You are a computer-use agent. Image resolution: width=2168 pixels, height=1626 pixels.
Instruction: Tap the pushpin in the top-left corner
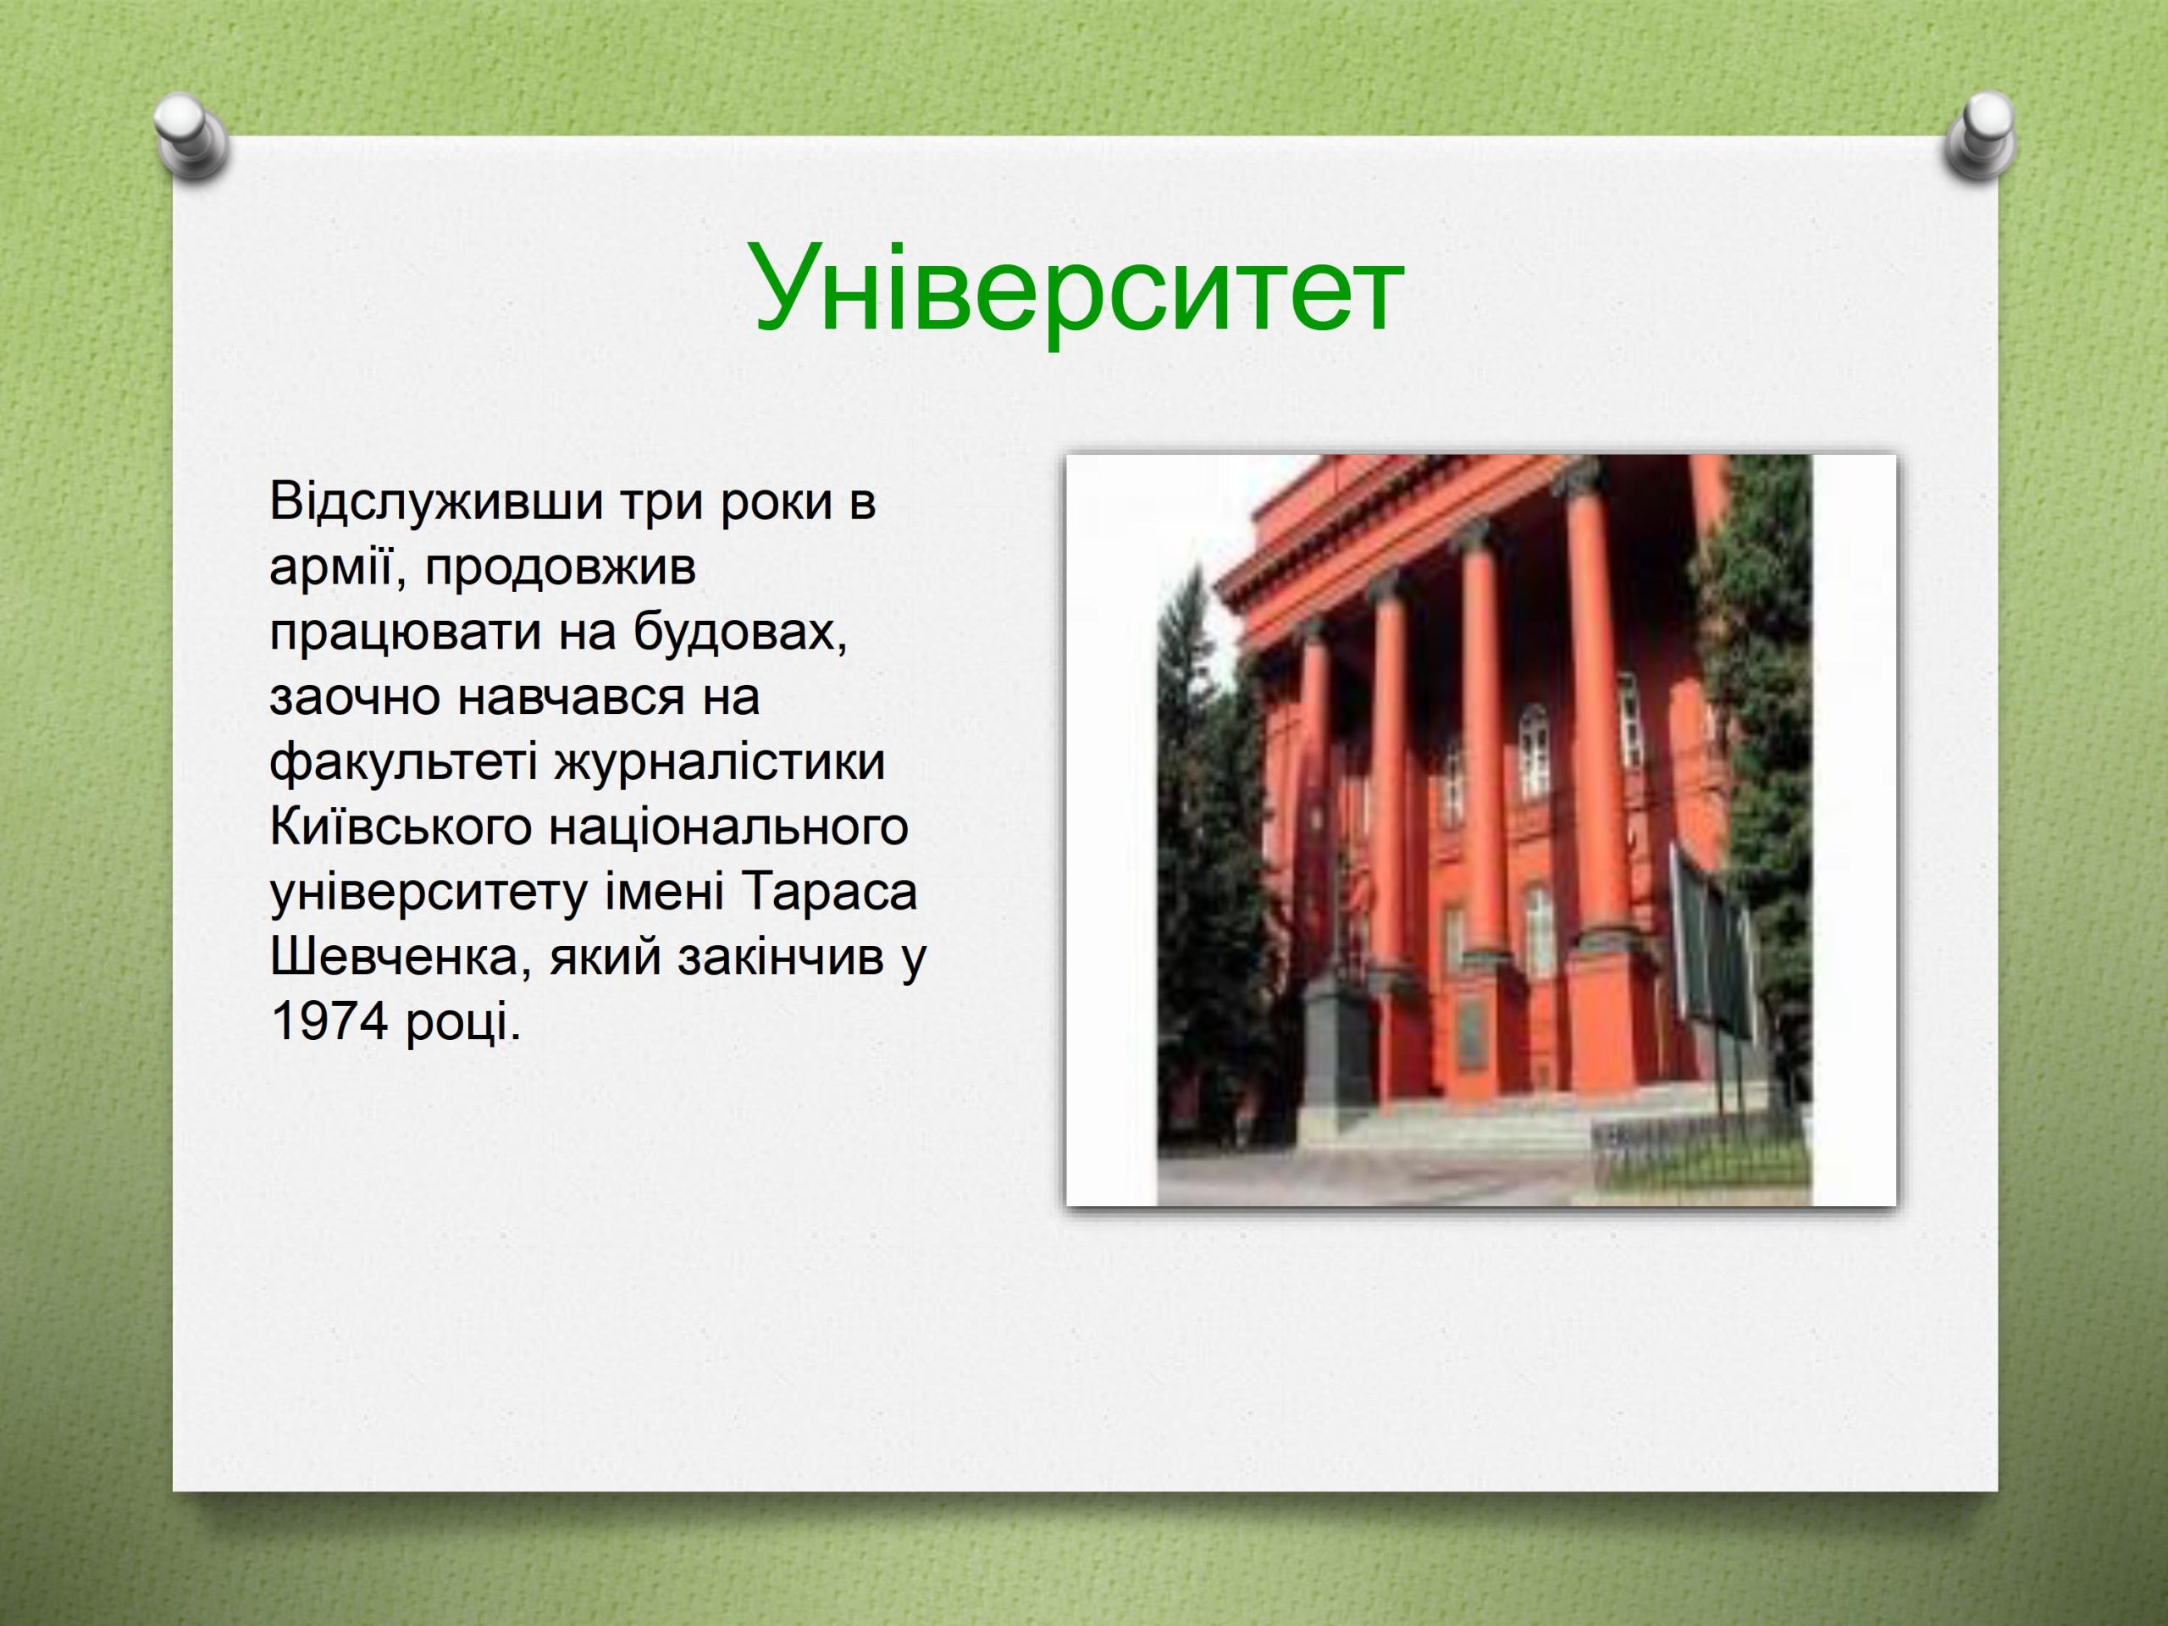coord(191,138)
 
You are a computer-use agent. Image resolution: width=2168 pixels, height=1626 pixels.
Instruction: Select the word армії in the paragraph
coord(330,567)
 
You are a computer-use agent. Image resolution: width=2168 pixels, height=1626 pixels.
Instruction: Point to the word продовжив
coord(560,568)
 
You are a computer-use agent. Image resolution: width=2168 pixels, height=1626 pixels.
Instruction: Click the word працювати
coord(405,633)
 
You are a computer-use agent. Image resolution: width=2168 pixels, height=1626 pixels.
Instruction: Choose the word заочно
coord(354,698)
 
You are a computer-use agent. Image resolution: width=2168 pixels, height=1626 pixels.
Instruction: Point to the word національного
coord(727,828)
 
